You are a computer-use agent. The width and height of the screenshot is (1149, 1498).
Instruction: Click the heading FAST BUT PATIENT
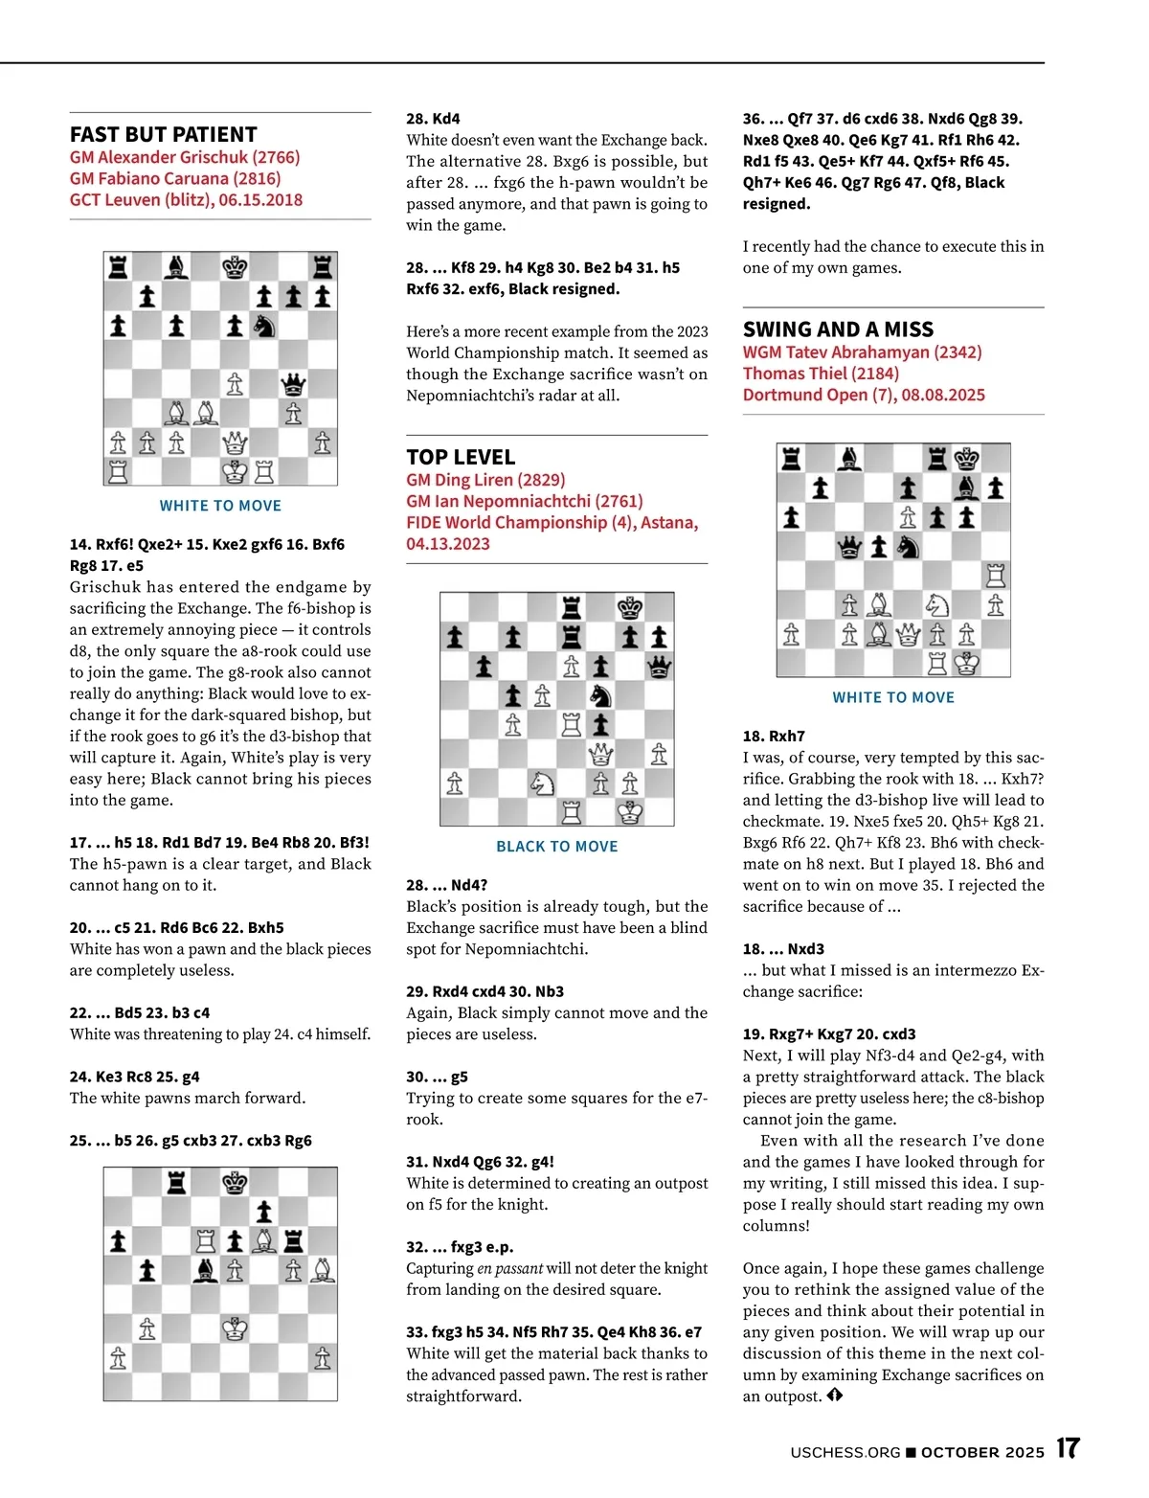click(x=163, y=134)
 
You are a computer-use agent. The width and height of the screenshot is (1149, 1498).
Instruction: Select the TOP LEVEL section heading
click(x=461, y=457)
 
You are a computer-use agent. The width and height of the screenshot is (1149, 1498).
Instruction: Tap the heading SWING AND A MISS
click(x=838, y=329)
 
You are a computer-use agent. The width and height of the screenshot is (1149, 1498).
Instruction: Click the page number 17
click(x=1068, y=1448)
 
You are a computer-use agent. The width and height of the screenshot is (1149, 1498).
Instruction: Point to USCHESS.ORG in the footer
click(x=845, y=1452)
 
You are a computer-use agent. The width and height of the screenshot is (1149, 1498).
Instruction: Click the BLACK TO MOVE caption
click(x=556, y=847)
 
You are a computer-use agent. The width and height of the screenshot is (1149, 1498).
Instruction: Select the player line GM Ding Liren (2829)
click(x=485, y=480)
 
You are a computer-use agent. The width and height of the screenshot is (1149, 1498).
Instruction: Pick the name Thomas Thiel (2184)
click(x=821, y=374)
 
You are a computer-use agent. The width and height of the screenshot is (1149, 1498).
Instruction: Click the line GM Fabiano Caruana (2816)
click(x=175, y=178)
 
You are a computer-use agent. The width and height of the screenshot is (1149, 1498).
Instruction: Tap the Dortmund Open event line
click(x=864, y=395)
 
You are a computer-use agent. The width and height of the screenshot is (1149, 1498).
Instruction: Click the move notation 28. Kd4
click(x=433, y=119)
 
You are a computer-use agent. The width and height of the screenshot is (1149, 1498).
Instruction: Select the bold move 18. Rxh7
click(x=774, y=737)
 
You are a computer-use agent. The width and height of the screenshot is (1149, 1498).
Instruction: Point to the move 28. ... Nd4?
click(x=446, y=885)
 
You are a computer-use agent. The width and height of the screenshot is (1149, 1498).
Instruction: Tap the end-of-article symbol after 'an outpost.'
click(x=835, y=1396)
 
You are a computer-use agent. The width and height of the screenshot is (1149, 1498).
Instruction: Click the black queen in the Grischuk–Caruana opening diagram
click(x=293, y=384)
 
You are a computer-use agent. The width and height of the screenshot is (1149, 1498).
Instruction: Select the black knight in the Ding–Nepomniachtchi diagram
click(x=600, y=695)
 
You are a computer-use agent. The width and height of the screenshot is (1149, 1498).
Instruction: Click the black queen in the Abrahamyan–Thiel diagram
click(x=849, y=546)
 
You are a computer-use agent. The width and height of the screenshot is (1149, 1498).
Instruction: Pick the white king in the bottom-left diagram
click(x=235, y=1328)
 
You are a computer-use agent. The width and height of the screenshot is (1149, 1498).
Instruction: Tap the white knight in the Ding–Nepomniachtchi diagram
click(x=542, y=783)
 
